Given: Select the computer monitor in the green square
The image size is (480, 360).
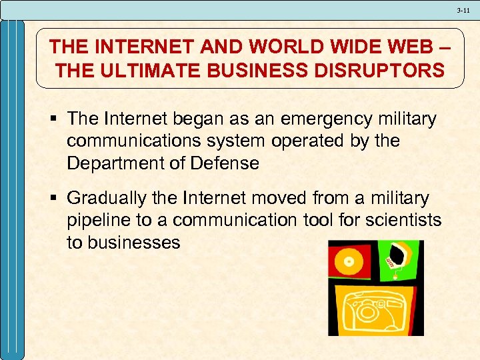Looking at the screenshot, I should pyautogui.click(x=401, y=254).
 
